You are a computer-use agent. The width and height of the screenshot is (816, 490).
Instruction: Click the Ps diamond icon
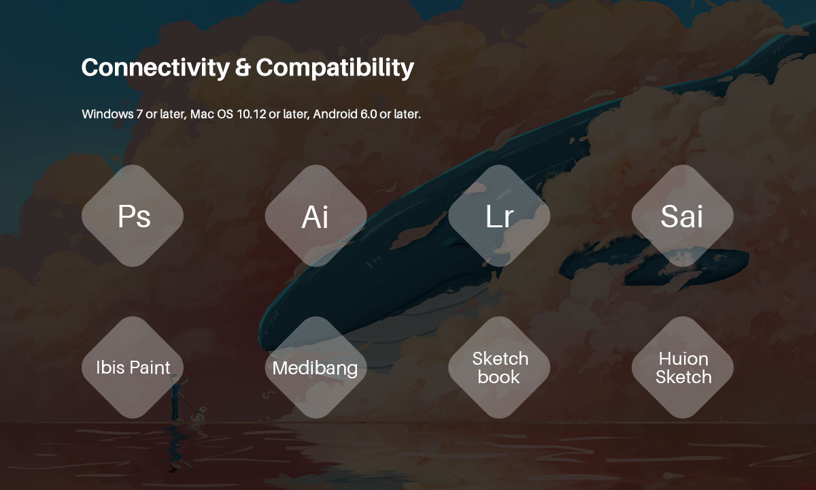click(x=133, y=216)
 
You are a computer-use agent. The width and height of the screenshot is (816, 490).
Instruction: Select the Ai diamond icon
click(x=316, y=216)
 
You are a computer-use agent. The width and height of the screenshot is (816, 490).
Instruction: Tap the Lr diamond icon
click(x=499, y=216)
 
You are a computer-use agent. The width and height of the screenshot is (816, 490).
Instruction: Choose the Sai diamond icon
click(x=683, y=216)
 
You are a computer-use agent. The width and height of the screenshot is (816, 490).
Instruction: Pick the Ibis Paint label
click(x=133, y=367)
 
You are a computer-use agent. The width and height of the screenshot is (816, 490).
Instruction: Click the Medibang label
click(x=315, y=368)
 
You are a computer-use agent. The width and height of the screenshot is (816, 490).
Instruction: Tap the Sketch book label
click(x=500, y=368)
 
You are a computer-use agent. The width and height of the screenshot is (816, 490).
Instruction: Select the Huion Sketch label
click(x=683, y=368)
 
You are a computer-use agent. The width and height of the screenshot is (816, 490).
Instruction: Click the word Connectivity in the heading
click(x=156, y=68)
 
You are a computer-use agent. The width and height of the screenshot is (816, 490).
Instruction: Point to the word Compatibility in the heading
click(x=335, y=68)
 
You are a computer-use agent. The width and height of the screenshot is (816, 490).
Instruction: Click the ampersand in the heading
click(x=243, y=67)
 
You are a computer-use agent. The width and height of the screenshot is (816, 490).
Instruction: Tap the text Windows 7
click(x=112, y=114)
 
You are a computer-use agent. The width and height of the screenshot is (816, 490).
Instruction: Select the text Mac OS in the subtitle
click(x=211, y=114)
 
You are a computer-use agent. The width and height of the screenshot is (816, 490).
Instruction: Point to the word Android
click(x=335, y=114)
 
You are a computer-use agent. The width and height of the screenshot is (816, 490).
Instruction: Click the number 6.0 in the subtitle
click(x=369, y=114)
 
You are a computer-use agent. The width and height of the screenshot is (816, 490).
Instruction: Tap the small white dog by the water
click(x=199, y=414)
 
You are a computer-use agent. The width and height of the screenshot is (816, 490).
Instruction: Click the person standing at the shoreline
click(x=177, y=397)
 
